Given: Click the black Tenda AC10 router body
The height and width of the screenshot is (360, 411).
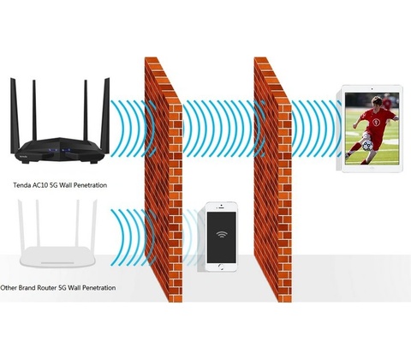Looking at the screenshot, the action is tap(61, 151).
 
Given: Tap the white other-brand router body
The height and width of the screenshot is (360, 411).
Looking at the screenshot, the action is tap(57, 256).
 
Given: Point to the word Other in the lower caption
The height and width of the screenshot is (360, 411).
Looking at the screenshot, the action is tap(9, 288).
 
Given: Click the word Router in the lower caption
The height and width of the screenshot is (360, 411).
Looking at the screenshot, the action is tap(47, 288).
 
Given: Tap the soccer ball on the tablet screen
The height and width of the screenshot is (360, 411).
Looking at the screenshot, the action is tap(367, 146).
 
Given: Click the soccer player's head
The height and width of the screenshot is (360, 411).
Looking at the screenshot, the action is tap(377, 101).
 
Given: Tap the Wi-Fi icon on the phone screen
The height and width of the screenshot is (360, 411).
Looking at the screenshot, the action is tap(222, 234).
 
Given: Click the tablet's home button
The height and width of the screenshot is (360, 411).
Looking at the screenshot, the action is tap(372, 168).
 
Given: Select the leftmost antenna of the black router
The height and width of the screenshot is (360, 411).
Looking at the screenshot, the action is tap(15, 116).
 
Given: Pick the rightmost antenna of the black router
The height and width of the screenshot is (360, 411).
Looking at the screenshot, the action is tap(105, 116).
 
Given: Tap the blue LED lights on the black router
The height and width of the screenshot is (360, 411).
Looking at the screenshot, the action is tap(59, 150).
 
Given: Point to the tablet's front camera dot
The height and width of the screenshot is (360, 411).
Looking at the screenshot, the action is tap(372, 89).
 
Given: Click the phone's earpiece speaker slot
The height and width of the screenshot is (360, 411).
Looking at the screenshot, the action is tap(222, 208).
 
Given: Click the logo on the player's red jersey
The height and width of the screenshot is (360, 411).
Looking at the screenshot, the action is tap(376, 123).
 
